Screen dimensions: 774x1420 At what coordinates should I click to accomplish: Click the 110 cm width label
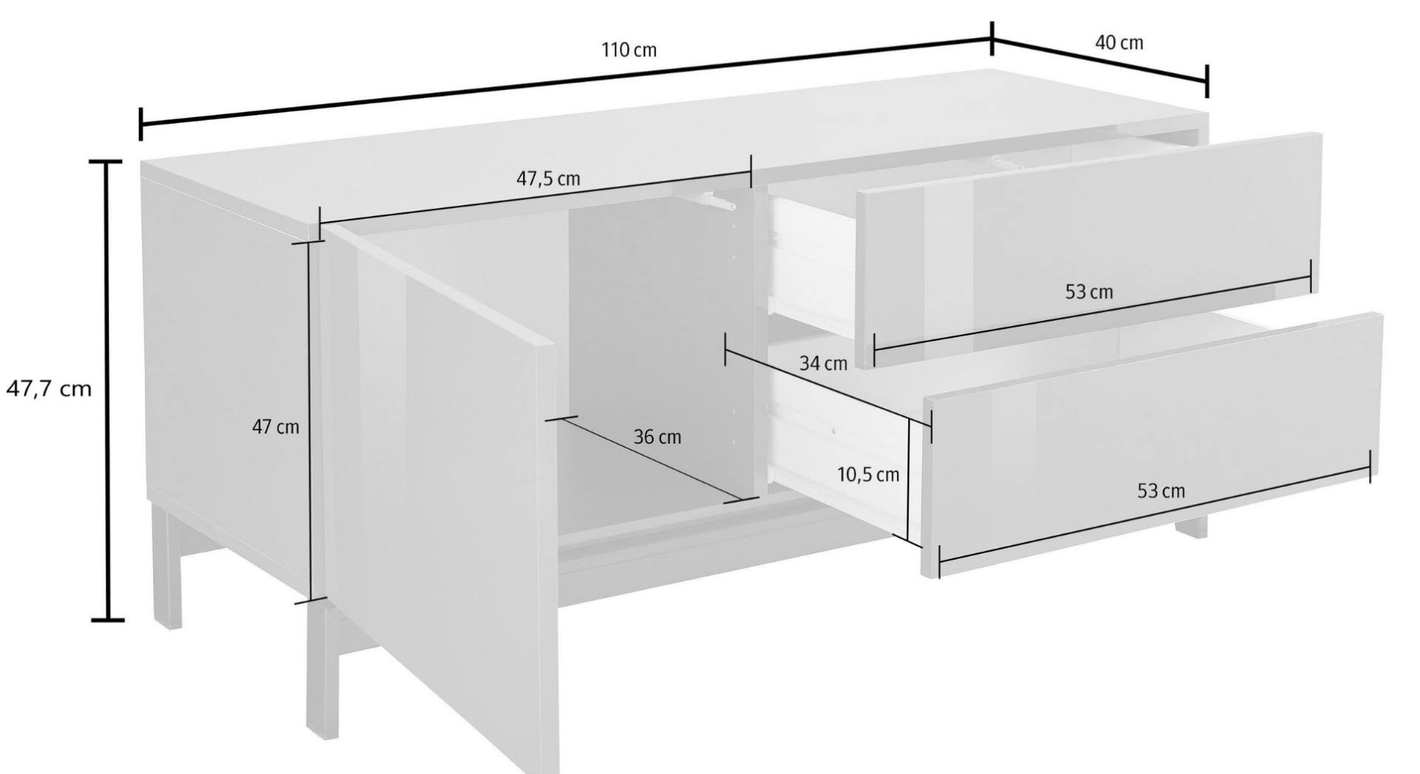click(x=629, y=50)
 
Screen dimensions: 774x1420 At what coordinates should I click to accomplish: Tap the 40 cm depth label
click(x=1118, y=43)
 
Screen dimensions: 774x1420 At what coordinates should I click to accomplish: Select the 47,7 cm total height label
click(x=49, y=389)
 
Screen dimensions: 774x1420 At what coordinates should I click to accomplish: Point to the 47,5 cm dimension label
click(x=547, y=179)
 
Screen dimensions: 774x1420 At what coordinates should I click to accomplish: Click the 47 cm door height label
click(x=276, y=427)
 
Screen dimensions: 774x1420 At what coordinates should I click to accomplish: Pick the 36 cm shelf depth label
click(x=657, y=437)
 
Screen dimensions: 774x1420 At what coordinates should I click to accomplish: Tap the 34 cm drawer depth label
click(x=822, y=364)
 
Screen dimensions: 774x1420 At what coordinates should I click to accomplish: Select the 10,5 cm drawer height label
click(x=868, y=475)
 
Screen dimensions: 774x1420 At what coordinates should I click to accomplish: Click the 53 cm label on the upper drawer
click(x=1089, y=292)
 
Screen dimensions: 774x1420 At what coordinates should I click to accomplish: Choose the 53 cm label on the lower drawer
click(x=1160, y=491)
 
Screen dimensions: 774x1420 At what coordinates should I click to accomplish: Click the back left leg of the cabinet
click(x=169, y=565)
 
